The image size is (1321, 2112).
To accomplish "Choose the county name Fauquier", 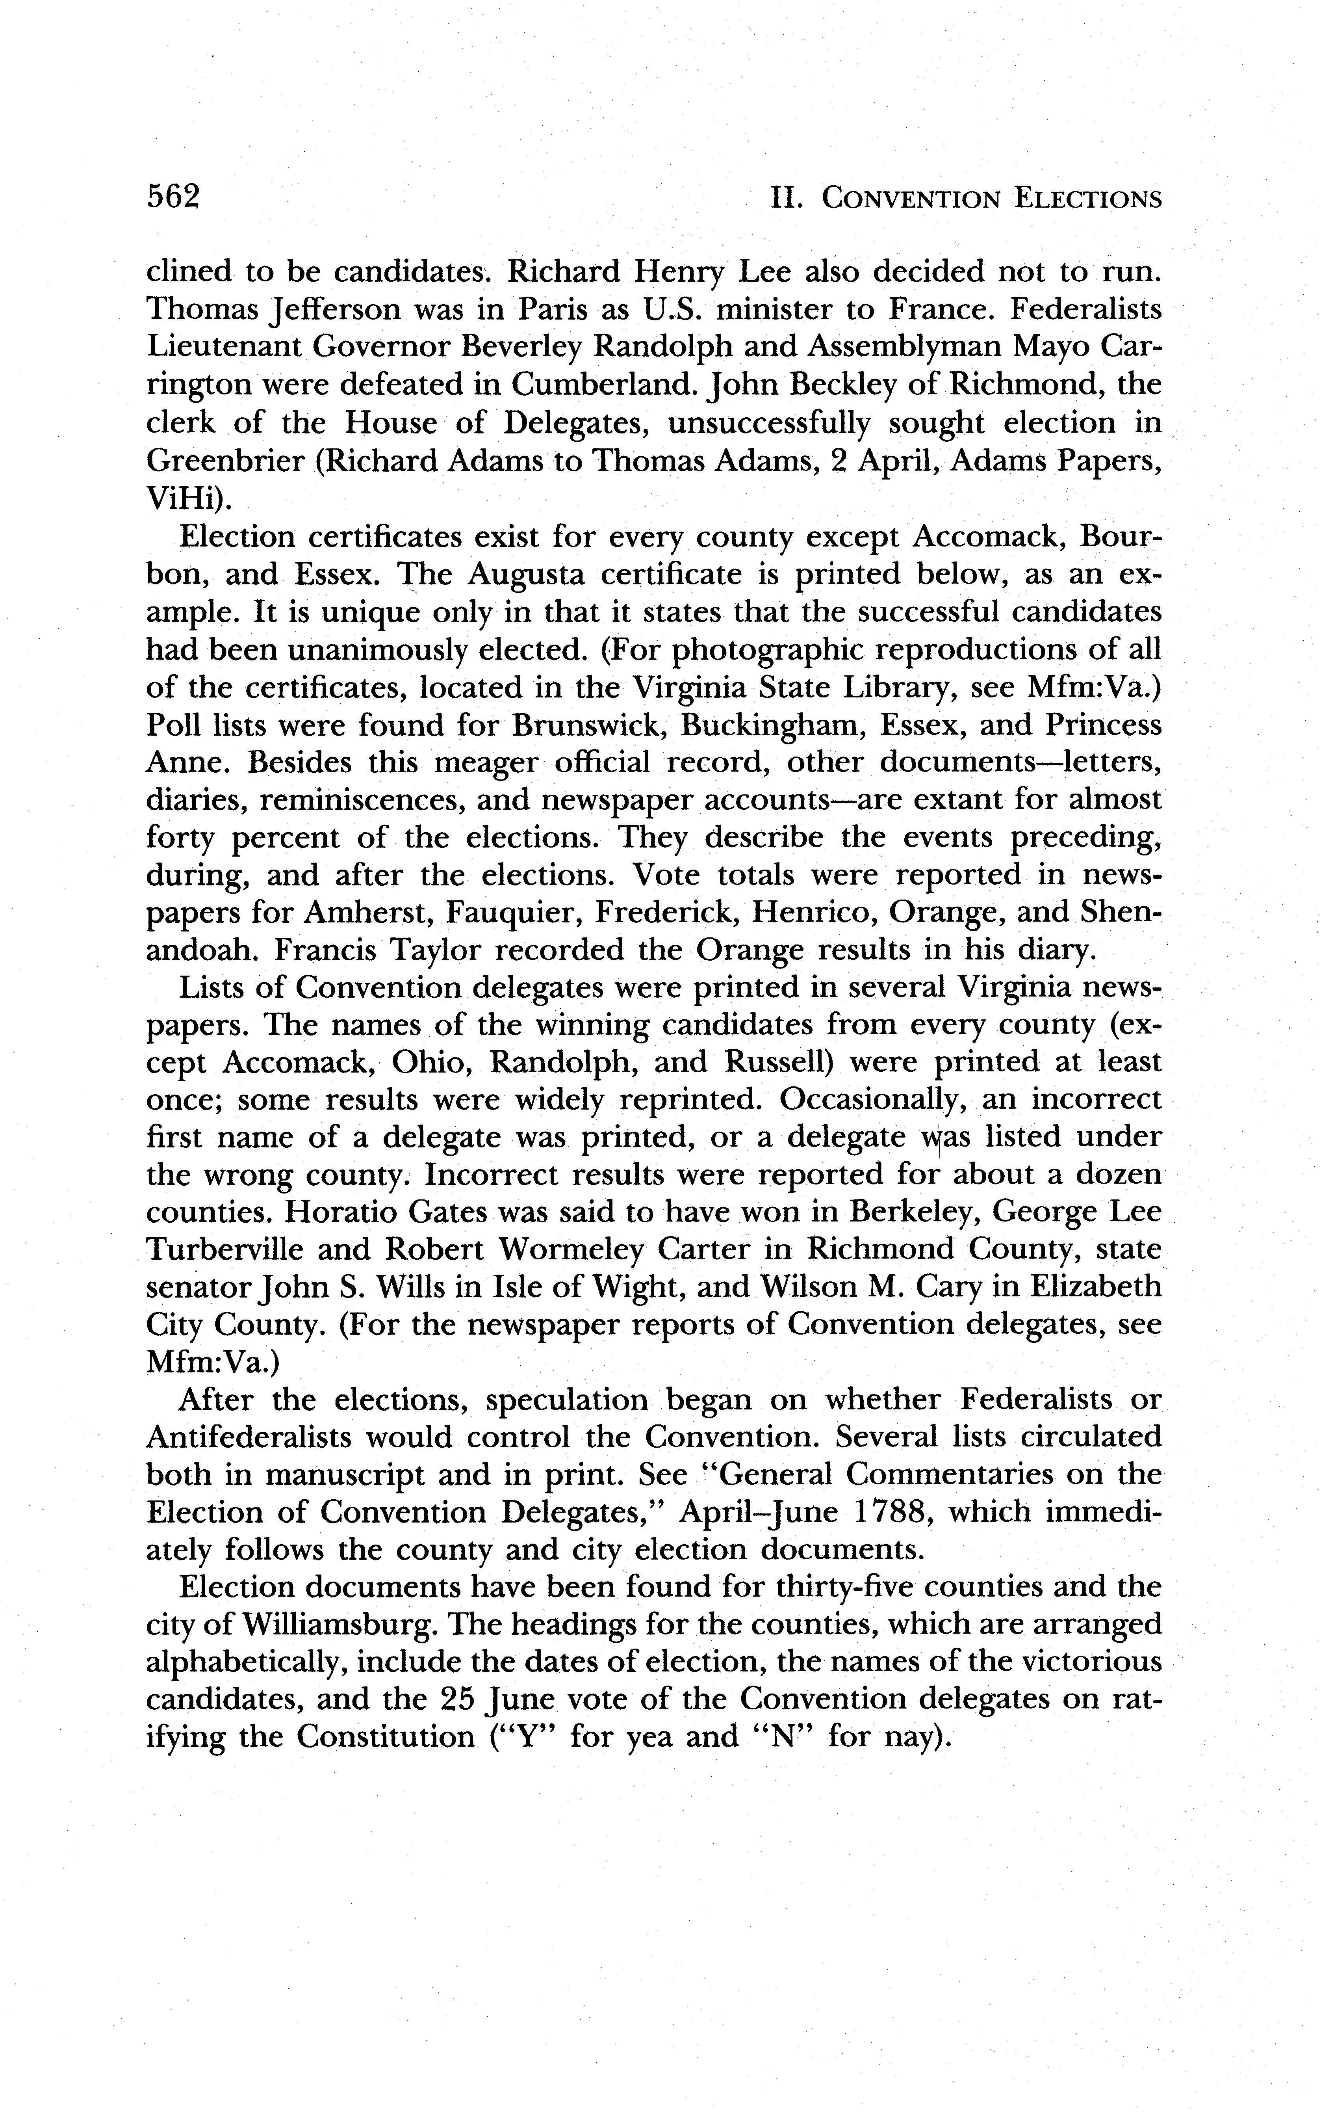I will pyautogui.click(x=511, y=913).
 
